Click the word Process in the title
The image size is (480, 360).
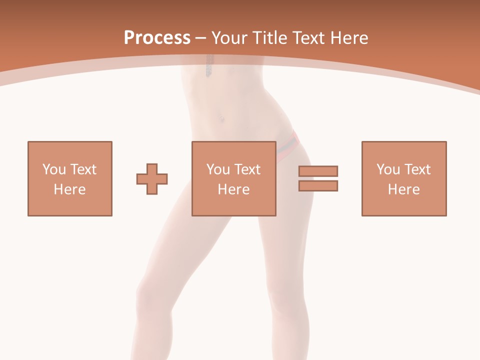tap(157, 38)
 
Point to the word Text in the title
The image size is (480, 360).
tap(306, 38)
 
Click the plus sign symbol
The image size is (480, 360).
tap(152, 178)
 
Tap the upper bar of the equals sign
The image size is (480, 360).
tap(318, 171)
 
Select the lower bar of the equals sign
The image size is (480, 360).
tap(318, 185)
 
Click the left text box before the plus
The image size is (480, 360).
tap(70, 178)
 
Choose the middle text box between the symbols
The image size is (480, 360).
tap(234, 178)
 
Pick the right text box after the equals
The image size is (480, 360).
tap(404, 178)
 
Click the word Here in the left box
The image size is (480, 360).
tap(69, 189)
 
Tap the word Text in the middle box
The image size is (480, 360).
tap(247, 169)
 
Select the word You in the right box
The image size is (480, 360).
tap(388, 169)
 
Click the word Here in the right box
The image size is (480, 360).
tap(403, 189)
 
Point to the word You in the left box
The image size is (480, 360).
tap(54, 169)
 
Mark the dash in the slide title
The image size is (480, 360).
tap(201, 38)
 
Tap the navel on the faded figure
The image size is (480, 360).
tap(219, 119)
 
